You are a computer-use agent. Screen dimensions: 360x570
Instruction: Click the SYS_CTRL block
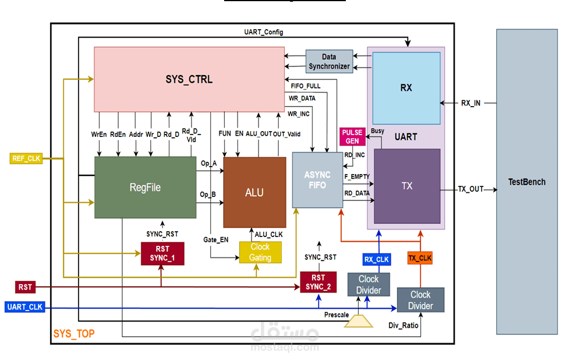[x=189, y=80]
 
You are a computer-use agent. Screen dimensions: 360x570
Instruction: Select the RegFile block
[x=145, y=187]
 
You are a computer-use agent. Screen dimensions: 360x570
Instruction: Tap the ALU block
[x=254, y=192]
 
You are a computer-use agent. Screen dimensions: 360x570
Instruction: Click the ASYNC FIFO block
[x=317, y=180]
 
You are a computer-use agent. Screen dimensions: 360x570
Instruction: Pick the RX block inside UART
[x=406, y=88]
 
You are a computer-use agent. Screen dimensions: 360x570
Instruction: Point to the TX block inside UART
[x=407, y=186]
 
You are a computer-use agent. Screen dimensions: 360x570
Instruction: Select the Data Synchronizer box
[x=329, y=62]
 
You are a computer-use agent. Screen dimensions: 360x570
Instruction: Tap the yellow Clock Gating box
[x=260, y=252]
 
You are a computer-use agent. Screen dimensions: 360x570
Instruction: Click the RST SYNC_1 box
[x=162, y=254]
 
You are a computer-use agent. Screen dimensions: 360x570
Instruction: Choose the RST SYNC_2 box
[x=318, y=282]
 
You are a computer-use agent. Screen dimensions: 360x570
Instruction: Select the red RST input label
[x=25, y=287]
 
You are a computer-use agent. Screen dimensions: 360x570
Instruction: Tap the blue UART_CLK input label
[x=25, y=307]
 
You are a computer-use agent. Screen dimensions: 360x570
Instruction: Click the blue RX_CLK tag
[x=376, y=259]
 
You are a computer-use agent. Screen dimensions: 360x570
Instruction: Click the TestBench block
[x=526, y=182]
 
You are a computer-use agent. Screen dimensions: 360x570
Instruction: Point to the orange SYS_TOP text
[x=74, y=334]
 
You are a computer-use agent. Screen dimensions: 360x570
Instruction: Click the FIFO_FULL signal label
[x=305, y=86]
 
